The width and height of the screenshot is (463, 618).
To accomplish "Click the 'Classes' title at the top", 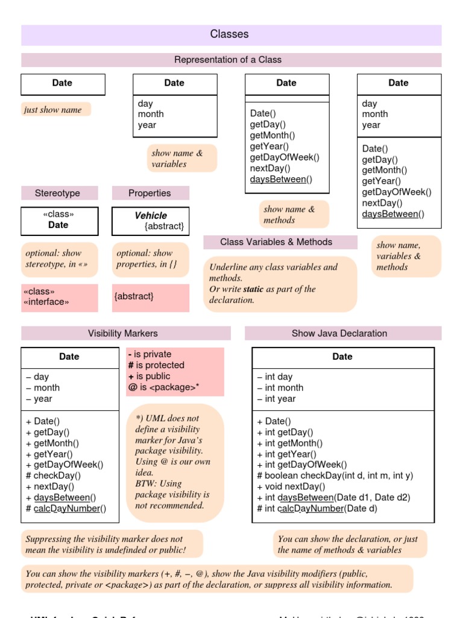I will (x=229, y=34).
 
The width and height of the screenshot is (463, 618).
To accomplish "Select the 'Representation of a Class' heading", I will (x=228, y=60).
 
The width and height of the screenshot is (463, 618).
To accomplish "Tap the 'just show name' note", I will (x=53, y=110).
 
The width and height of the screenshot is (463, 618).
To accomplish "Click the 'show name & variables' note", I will (x=177, y=158).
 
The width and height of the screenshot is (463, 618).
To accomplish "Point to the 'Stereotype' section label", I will (x=57, y=193).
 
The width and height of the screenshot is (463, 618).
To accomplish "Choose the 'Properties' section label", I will (x=150, y=193).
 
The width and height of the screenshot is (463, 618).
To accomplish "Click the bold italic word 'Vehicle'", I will (x=151, y=215).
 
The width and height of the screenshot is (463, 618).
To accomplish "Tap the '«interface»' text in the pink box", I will (x=46, y=302).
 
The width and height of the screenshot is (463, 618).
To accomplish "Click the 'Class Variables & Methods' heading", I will (x=276, y=242).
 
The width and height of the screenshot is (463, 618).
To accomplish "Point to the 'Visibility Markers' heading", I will (x=123, y=333).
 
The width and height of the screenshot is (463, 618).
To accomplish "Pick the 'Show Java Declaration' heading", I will (x=339, y=333).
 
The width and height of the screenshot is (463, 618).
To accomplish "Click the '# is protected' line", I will (x=156, y=365).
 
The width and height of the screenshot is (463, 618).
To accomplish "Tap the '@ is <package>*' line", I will (x=163, y=387).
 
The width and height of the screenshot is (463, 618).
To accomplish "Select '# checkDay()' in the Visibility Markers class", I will (x=53, y=476).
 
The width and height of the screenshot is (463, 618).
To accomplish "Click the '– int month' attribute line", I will (x=280, y=387).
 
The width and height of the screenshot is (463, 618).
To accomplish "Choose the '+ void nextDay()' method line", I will (x=291, y=486).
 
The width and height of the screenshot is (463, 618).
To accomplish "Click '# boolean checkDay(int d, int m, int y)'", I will (x=335, y=476).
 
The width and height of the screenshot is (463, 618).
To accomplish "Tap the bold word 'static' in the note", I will (x=253, y=289).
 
